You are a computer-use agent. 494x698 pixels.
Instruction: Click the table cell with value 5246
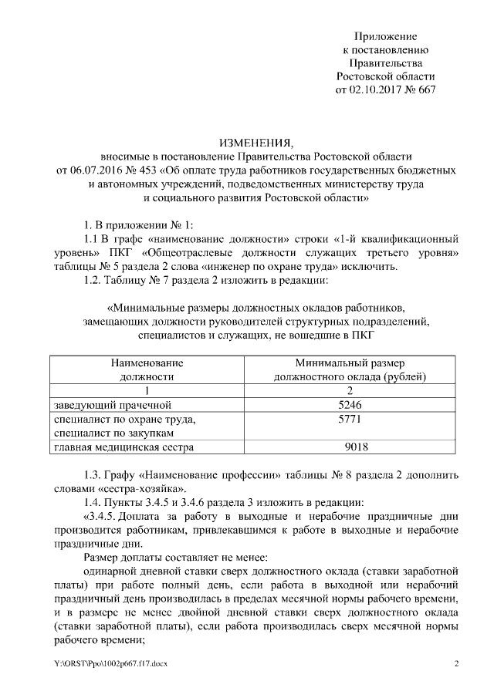click(x=350, y=405)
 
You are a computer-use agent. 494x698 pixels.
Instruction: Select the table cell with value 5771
click(x=350, y=419)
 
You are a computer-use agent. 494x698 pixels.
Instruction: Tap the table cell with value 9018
click(x=350, y=447)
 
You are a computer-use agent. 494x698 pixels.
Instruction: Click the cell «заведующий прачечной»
click(x=107, y=405)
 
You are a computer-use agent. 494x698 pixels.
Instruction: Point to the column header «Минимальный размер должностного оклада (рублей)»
click(x=350, y=369)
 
